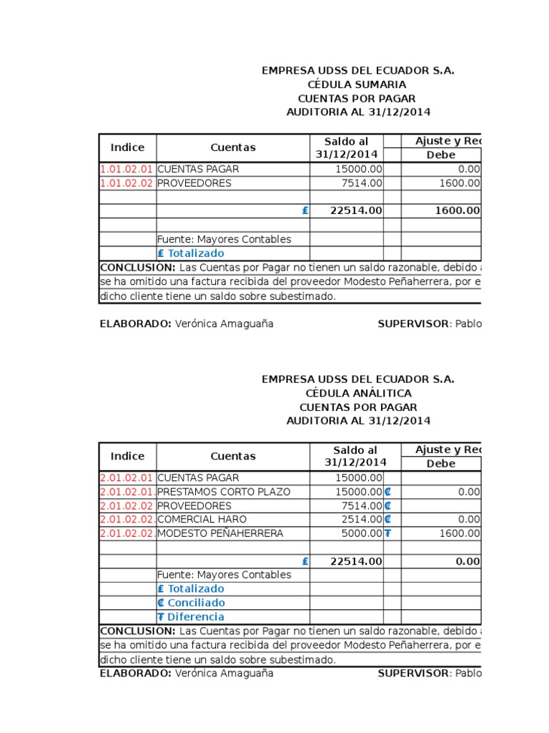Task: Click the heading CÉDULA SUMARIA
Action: click(357, 84)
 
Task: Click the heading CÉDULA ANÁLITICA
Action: click(357, 393)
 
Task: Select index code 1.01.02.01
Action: click(127, 170)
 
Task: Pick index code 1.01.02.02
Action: click(127, 183)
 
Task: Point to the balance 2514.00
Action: click(360, 519)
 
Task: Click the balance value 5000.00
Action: click(360, 533)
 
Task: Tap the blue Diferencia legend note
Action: click(191, 616)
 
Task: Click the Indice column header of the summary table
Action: click(127, 147)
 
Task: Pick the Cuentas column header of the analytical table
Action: click(232, 456)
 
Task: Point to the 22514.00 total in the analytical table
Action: click(356, 561)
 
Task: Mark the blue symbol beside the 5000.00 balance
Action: click(387, 533)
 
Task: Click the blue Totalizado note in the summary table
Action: click(191, 253)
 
